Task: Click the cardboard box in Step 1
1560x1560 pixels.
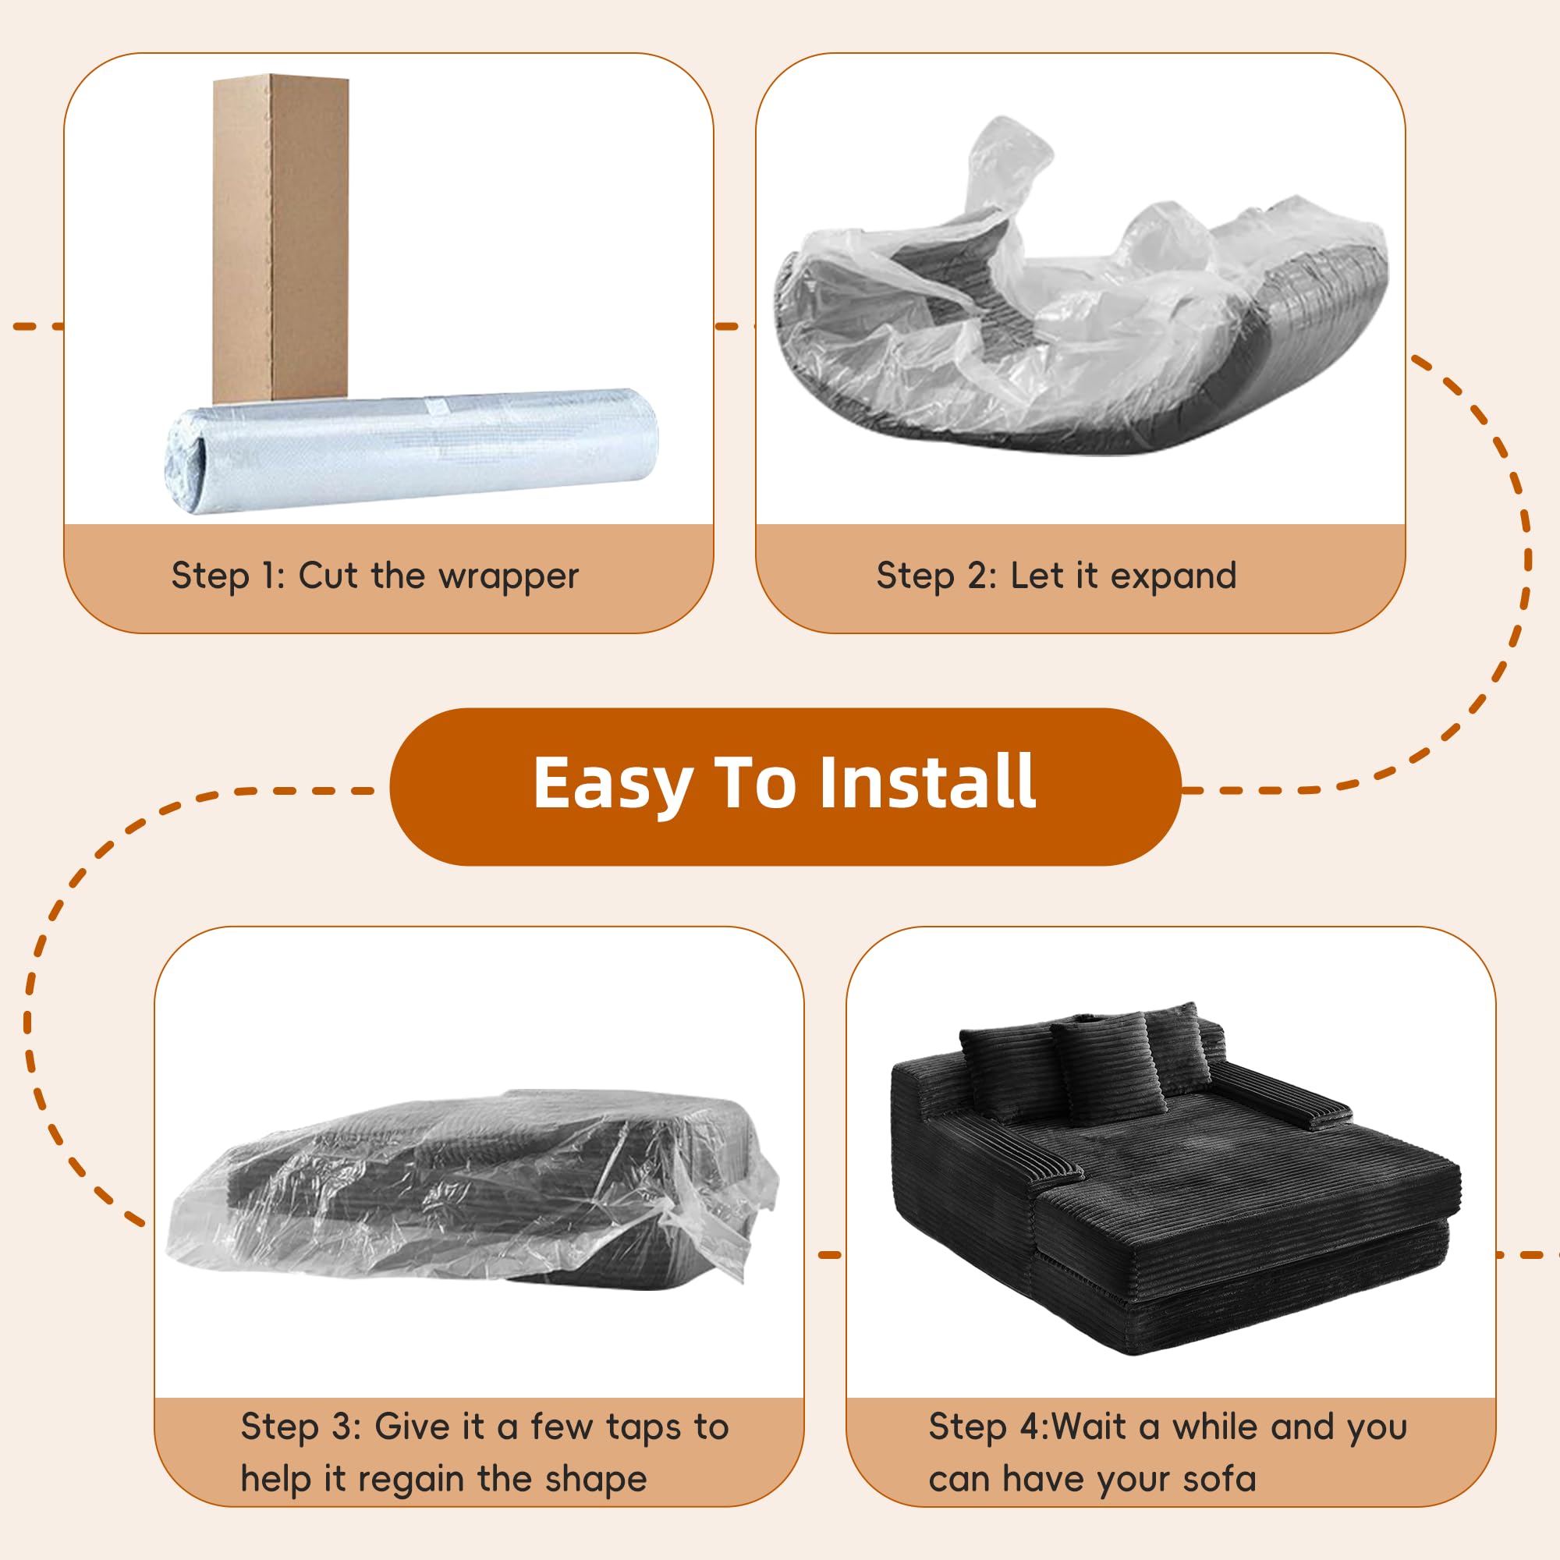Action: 280,238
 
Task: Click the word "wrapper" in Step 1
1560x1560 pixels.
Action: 509,576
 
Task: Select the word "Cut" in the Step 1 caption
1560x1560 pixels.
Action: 328,575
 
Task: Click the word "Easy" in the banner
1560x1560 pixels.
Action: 612,783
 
